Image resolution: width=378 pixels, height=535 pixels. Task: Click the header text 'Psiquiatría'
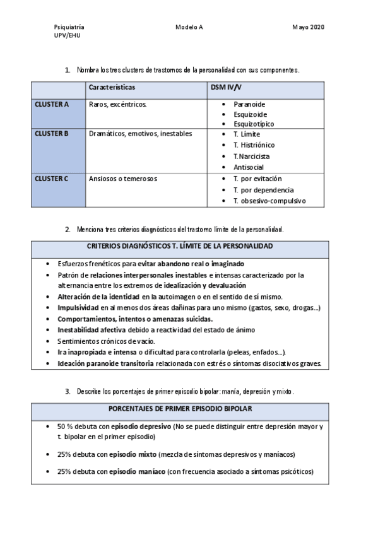[x=69, y=28]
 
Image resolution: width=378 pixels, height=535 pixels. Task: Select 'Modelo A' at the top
[x=189, y=28]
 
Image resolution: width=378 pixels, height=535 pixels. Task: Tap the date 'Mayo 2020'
[x=308, y=28]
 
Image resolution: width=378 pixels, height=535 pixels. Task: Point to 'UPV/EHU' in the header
[x=67, y=37]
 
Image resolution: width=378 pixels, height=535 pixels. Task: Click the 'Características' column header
[x=112, y=87]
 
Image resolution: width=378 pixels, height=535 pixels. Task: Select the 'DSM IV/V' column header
[x=227, y=87]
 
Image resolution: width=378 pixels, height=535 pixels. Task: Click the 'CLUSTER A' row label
[x=52, y=103]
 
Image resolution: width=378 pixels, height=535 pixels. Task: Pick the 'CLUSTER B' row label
[x=52, y=134]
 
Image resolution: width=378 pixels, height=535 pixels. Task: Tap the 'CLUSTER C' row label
[x=52, y=179]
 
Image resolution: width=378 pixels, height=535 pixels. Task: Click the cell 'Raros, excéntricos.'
[x=118, y=103]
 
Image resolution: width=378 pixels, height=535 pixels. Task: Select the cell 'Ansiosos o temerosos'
[x=123, y=179]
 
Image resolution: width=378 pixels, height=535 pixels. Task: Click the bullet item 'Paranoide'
[x=249, y=103]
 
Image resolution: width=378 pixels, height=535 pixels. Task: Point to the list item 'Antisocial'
[x=248, y=167]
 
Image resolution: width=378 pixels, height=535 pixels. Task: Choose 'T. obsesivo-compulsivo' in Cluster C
[x=269, y=201]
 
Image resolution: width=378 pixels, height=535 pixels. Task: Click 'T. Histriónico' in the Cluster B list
[x=254, y=144]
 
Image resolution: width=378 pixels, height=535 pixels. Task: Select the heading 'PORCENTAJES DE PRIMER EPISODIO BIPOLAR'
[x=180, y=409]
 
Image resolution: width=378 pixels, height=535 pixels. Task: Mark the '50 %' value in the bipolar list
[x=66, y=426]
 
